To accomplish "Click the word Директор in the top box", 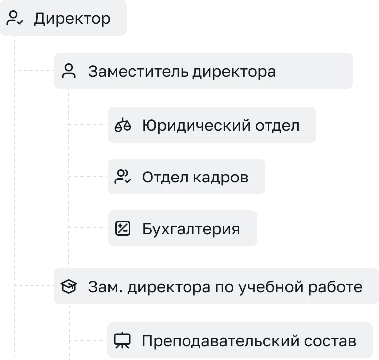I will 72,19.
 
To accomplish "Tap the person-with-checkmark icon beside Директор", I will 14,19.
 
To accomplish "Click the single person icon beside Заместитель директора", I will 69,72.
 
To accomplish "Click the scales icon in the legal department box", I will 123,125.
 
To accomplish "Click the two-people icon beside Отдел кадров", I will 123,177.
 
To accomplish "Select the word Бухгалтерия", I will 191,229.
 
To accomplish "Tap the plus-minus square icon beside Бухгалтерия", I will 123,229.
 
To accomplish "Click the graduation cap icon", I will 69,287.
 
